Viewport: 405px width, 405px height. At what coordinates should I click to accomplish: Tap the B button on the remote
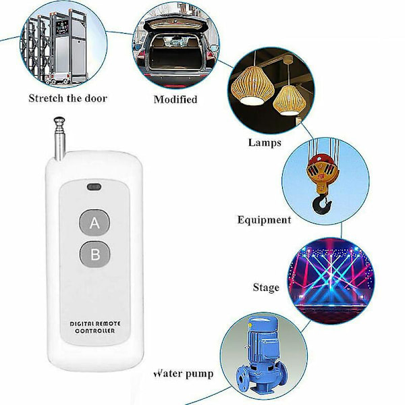[94, 254]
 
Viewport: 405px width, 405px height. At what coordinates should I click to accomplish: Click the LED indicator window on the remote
[94, 187]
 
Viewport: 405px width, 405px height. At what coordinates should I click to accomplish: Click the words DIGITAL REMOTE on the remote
[95, 323]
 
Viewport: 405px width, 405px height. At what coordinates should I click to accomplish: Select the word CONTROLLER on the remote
[94, 331]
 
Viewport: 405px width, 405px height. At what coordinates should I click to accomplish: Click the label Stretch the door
[67, 99]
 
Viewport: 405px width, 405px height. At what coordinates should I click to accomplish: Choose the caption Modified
[175, 99]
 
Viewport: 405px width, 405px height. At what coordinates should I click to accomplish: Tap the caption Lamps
[265, 143]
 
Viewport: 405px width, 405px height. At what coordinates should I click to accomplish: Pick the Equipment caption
[264, 220]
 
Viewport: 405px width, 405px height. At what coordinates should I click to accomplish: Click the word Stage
[266, 288]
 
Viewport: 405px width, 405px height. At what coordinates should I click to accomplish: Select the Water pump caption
[184, 374]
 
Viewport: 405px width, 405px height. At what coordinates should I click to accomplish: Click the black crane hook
[322, 205]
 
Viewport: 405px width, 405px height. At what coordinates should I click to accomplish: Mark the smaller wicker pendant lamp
[290, 100]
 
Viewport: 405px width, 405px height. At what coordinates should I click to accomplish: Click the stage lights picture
[331, 281]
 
